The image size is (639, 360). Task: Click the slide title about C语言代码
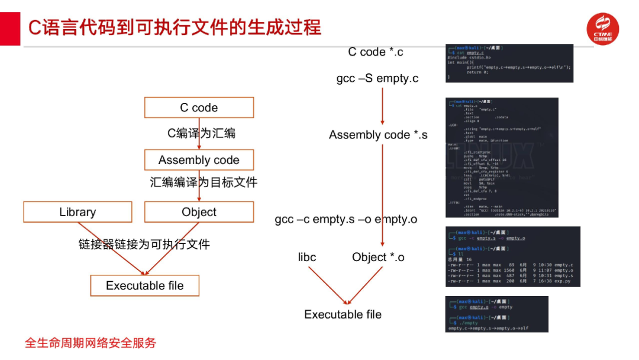[175, 28]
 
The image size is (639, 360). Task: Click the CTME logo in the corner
[602, 28]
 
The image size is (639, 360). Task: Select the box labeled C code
[199, 108]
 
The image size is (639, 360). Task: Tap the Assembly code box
[199, 160]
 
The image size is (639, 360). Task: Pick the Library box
[78, 212]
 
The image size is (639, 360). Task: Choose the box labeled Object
[199, 212]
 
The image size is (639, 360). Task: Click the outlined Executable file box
[144, 285]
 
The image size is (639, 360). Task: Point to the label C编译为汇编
[201, 133]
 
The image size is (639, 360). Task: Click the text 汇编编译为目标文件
[204, 182]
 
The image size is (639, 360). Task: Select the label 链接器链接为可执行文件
[144, 244]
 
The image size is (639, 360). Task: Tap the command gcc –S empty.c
[377, 78]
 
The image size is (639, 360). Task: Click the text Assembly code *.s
[378, 135]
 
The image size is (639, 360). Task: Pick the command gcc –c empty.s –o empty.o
[346, 219]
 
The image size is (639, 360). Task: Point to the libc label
[307, 257]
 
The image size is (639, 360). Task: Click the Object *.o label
[378, 257]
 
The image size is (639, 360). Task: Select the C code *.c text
[376, 52]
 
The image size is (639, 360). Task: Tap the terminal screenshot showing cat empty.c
[509, 63]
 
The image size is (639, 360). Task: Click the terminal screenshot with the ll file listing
[512, 256]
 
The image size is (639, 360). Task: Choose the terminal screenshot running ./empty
[496, 314]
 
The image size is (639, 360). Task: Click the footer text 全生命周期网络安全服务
[91, 343]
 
